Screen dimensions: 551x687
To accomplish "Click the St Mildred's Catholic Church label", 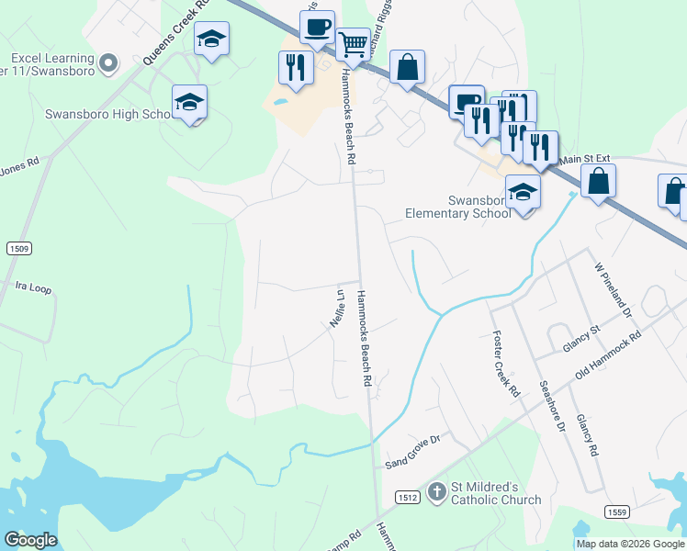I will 495,493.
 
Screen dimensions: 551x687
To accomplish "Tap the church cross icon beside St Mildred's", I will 436,493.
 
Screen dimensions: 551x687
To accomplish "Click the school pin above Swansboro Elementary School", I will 524,193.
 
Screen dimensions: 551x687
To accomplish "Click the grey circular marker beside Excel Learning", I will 109,62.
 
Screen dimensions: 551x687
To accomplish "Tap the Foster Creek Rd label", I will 506,363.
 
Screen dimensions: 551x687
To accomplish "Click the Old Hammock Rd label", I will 608,356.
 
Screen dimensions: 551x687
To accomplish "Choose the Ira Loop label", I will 34,287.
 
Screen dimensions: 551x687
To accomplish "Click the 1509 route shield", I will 17,248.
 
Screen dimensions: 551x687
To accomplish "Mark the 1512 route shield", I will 409,497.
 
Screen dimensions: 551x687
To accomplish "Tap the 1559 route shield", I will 615,511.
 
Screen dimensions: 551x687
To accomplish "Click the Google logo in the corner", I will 30,540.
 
